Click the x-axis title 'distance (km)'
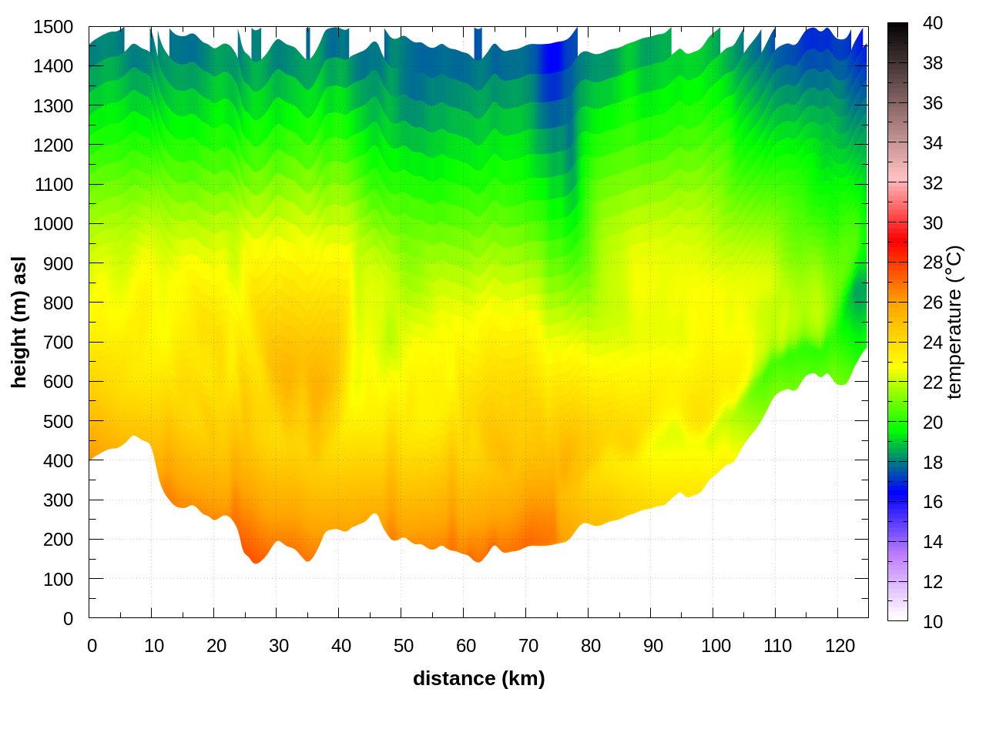tap(478, 678)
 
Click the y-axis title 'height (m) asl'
tap(19, 322)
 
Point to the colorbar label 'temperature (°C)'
tap(954, 322)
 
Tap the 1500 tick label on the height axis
tap(53, 27)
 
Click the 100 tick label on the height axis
tap(58, 579)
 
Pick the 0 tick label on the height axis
tap(68, 619)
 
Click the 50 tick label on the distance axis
tap(403, 646)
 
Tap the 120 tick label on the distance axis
tap(840, 646)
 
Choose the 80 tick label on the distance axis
tap(590, 646)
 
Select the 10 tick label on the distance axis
tap(154, 646)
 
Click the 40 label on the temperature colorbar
tap(932, 23)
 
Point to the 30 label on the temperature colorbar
tap(932, 223)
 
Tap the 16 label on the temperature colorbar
tap(932, 502)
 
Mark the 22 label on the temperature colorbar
tap(932, 383)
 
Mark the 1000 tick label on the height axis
tap(53, 224)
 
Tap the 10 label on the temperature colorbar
tap(932, 621)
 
